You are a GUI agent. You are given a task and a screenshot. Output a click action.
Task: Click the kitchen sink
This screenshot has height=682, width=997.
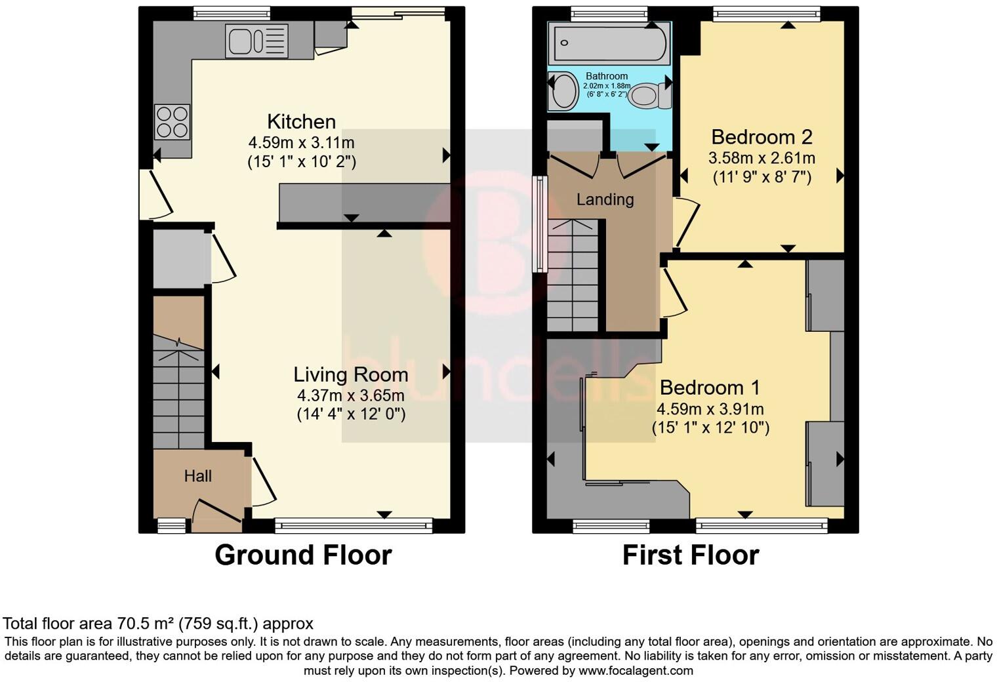[256, 41]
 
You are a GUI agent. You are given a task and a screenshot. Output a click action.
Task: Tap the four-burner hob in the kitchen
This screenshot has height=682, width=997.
[173, 122]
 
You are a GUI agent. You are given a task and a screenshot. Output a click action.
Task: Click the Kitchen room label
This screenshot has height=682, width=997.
[301, 122]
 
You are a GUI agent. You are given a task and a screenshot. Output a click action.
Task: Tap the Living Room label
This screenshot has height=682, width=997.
[350, 375]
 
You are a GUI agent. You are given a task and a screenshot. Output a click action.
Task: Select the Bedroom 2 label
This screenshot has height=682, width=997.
[762, 137]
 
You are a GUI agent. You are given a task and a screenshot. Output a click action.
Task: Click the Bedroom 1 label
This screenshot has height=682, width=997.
[710, 388]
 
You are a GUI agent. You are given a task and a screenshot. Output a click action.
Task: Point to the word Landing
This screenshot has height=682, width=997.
[605, 199]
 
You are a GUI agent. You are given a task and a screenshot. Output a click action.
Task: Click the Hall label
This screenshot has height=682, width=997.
[197, 476]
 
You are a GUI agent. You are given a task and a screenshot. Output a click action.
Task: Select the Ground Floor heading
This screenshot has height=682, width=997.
[303, 555]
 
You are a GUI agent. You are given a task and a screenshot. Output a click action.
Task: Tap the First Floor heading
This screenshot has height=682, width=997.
[690, 555]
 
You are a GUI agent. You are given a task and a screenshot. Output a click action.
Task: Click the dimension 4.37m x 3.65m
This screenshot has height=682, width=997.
[350, 395]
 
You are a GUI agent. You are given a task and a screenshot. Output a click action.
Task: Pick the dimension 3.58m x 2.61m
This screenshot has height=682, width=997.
[762, 158]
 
